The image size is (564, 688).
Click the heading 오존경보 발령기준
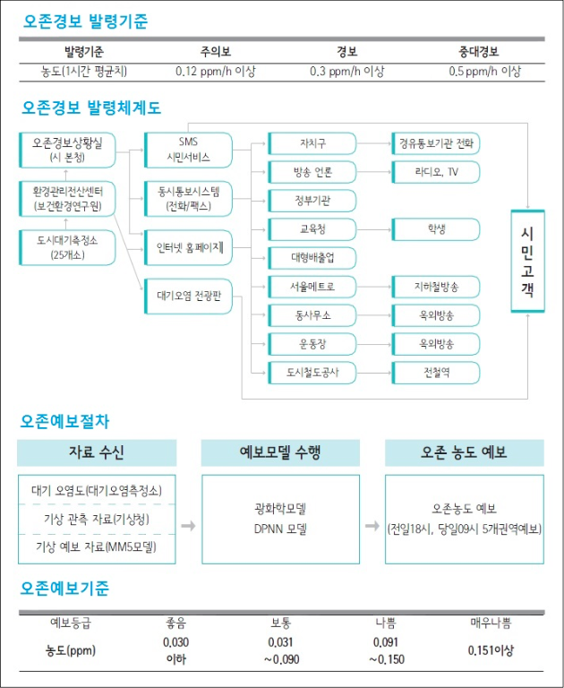tap(86, 21)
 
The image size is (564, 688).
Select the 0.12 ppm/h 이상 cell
tap(216, 72)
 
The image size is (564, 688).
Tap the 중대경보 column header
tap(478, 52)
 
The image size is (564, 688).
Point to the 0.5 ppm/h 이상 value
tap(484, 72)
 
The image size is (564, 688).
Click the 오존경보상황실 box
tap(67, 150)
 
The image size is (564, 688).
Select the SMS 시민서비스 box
tap(188, 150)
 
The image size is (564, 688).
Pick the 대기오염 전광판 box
tap(188, 297)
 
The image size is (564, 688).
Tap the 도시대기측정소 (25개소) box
tap(67, 247)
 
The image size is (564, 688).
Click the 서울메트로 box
tap(312, 287)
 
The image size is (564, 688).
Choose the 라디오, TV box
tap(435, 172)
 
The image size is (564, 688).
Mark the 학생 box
tap(435, 229)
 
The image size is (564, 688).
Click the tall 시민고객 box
tap(527, 262)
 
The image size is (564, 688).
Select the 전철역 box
tap(435, 373)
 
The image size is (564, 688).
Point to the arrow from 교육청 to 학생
tap(373, 229)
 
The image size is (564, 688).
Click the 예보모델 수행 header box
tap(280, 452)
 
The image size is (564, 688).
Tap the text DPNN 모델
tap(280, 529)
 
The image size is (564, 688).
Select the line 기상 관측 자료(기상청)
tap(97, 520)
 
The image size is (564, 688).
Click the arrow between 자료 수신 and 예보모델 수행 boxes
tap(188, 526)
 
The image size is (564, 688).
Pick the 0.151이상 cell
tap(491, 650)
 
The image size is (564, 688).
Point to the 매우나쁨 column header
tap(491, 623)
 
